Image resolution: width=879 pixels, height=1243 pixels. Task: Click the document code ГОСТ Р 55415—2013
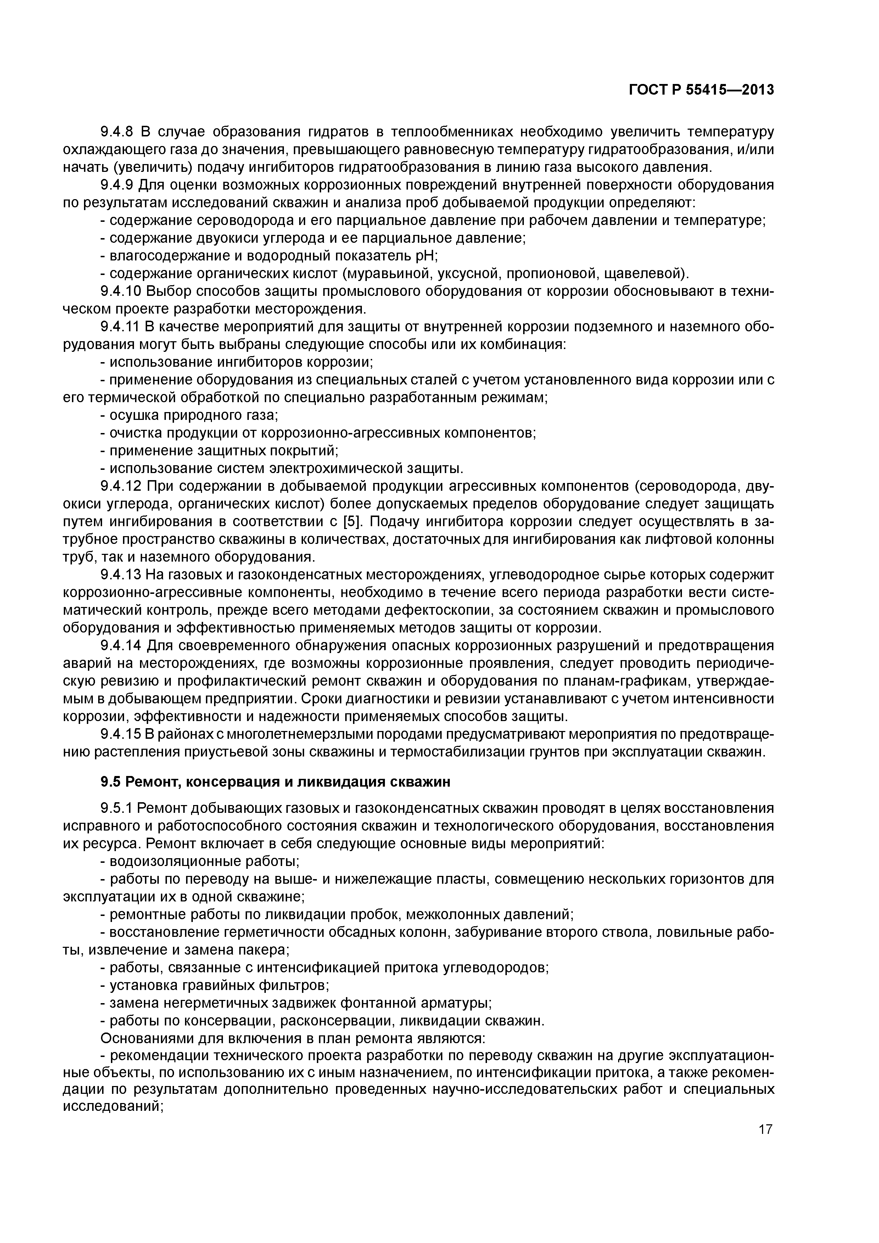(x=701, y=90)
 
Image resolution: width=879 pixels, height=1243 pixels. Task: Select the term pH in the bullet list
(x=426, y=255)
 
